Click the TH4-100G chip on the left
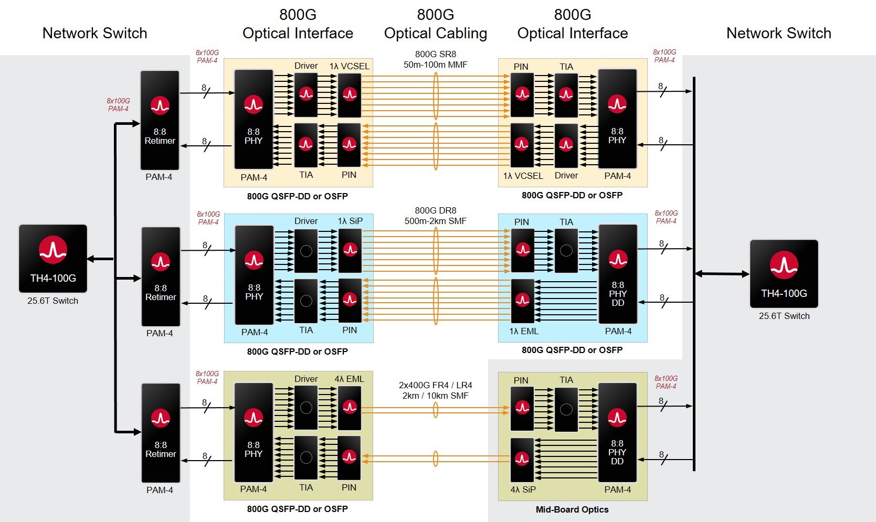coord(52,258)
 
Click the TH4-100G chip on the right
coord(784,273)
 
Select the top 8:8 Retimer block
coord(160,120)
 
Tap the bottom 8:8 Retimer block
coord(161,433)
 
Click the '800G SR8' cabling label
coord(435,54)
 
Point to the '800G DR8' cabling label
coord(435,211)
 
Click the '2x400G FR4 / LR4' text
coord(435,385)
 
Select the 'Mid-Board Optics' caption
coord(572,509)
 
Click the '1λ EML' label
coord(523,331)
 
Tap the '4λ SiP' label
coord(523,489)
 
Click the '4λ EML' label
coord(349,379)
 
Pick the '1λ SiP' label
coord(350,221)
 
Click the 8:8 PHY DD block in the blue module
coord(618,274)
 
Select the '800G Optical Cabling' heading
coord(435,24)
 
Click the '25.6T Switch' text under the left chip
coord(52,301)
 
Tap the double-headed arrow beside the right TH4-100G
coord(722,273)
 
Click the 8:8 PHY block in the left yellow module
coord(253,119)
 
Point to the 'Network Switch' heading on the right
coord(778,33)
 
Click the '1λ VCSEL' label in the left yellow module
coord(349,66)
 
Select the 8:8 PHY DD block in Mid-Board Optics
coord(617,432)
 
